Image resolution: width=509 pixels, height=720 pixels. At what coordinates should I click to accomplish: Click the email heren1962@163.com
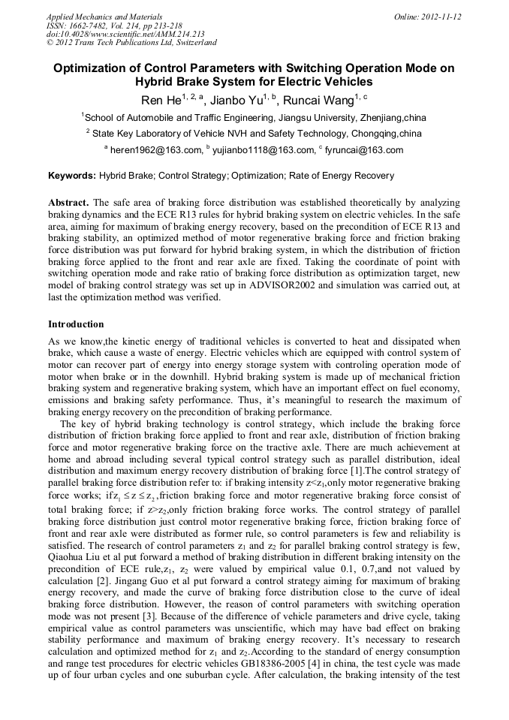[x=156, y=150]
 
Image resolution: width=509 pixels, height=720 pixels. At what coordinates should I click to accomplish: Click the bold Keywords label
[x=71, y=176]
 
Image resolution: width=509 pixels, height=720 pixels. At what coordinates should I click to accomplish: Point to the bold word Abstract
[x=69, y=203]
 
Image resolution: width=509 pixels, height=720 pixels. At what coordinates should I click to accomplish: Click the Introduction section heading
[x=76, y=324]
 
